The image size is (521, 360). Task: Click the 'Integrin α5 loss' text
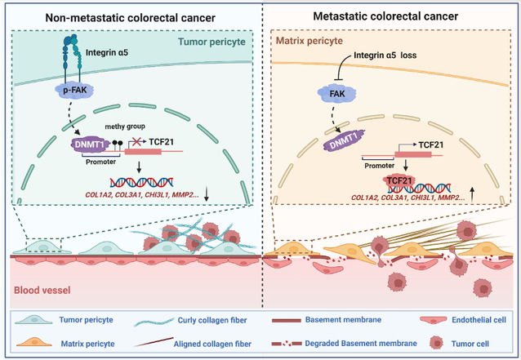coord(402,56)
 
